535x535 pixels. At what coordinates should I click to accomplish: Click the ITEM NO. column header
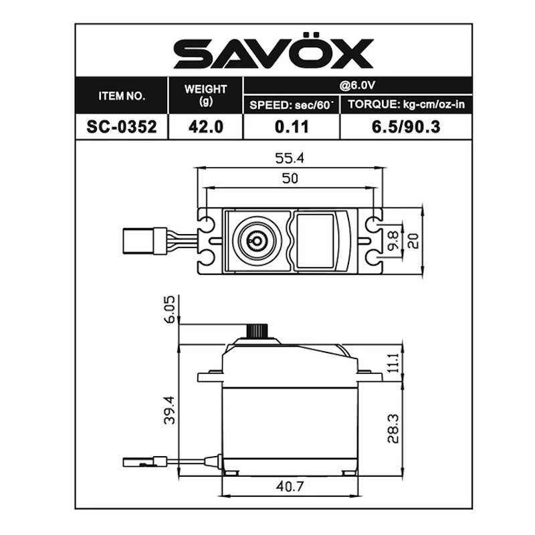tap(122, 96)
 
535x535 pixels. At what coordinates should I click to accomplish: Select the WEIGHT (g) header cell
tap(205, 95)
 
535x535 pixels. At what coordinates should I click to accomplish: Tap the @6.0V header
tap(357, 85)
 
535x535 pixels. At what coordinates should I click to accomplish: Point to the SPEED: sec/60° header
tap(291, 105)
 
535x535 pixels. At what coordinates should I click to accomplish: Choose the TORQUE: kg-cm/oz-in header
tap(406, 104)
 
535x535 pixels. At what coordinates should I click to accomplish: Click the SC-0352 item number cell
tap(122, 127)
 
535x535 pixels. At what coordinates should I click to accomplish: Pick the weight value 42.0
tap(206, 127)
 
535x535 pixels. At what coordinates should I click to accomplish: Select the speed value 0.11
tap(292, 127)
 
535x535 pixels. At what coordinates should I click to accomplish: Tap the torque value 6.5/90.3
tap(406, 127)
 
